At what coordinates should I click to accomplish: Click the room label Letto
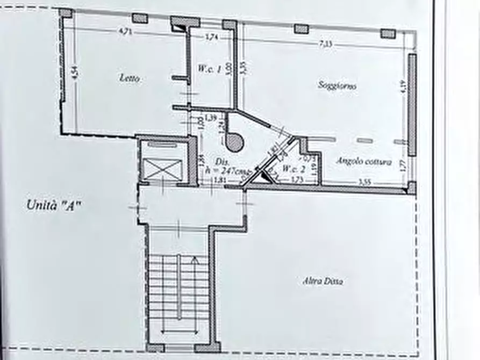(130, 78)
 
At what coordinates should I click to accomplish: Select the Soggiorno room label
(337, 85)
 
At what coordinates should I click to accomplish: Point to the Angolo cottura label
(364, 161)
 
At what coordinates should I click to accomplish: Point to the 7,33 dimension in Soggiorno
(325, 44)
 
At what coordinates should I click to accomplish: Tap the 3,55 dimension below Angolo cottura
(364, 182)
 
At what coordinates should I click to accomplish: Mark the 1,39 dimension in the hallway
(211, 118)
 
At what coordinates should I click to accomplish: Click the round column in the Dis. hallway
(234, 142)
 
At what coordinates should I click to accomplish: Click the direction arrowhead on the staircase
(195, 261)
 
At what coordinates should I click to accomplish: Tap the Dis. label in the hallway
(220, 162)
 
